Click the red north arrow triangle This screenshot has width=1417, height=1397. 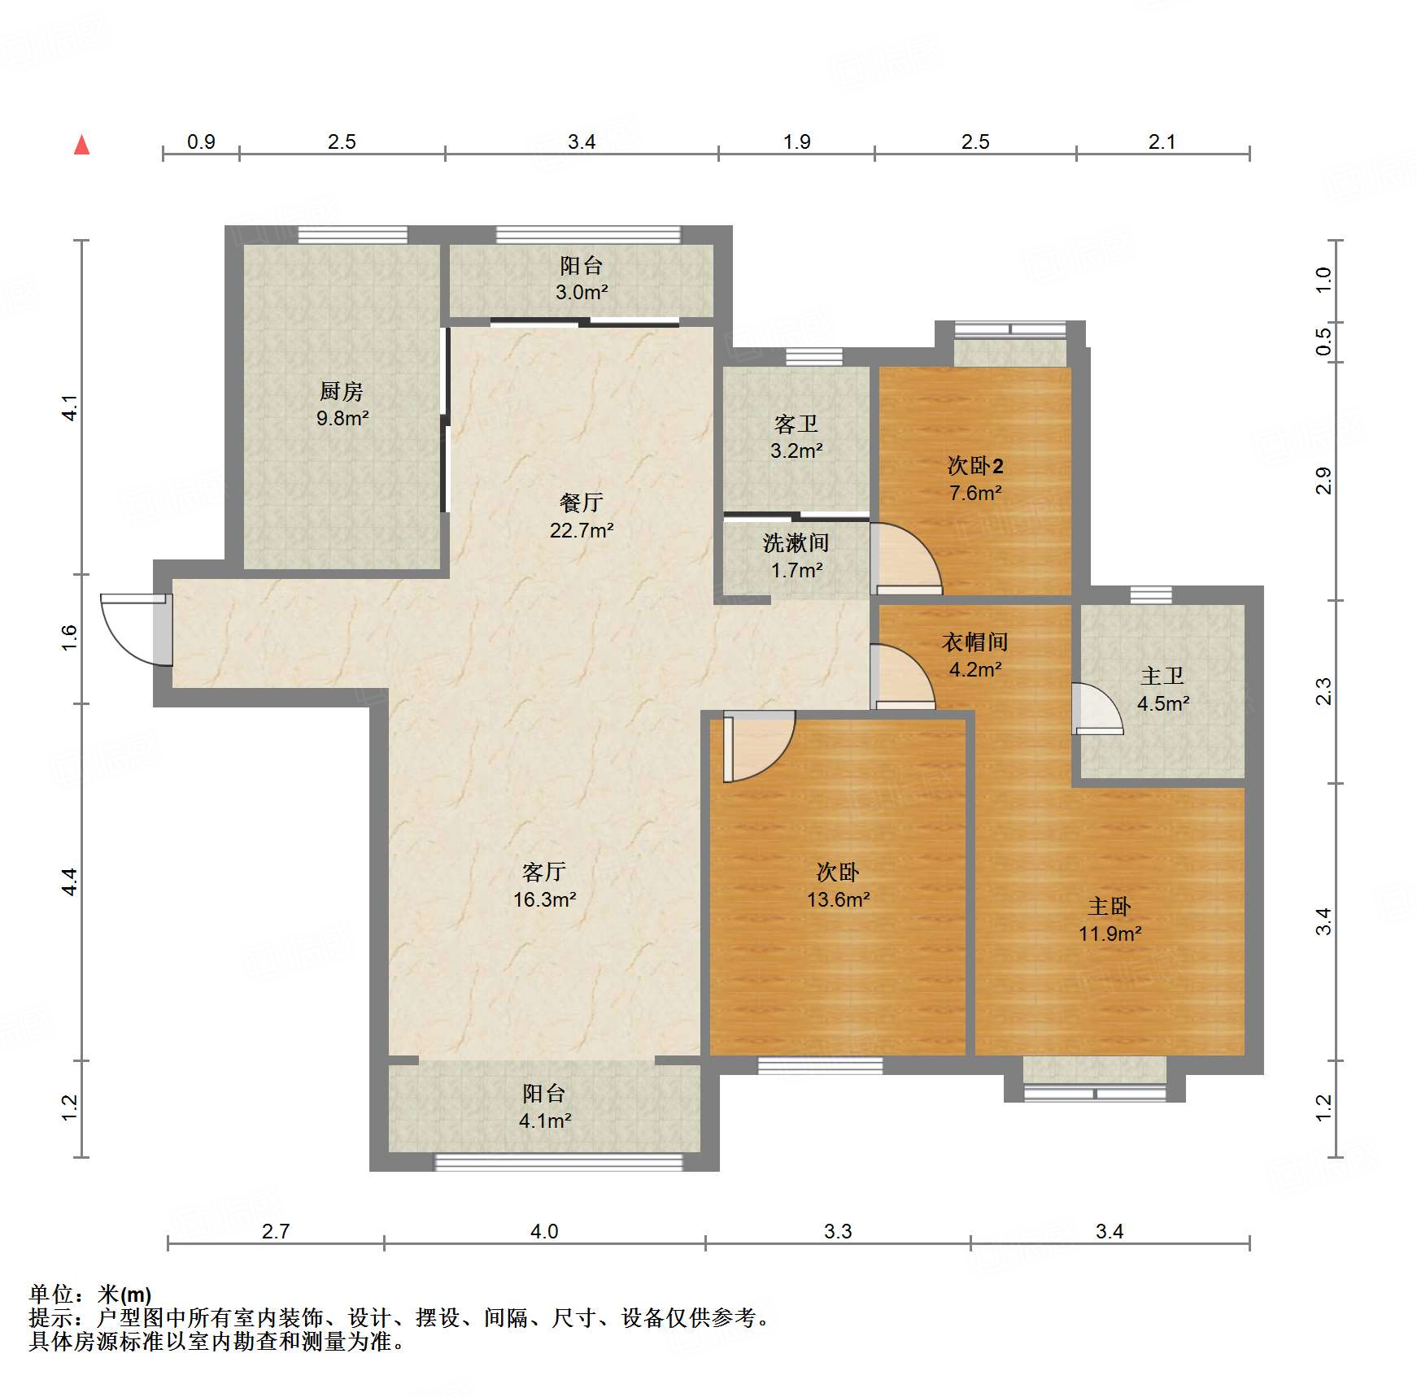(x=81, y=146)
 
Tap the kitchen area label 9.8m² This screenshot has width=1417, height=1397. (x=342, y=418)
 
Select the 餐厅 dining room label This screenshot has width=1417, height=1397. (x=581, y=503)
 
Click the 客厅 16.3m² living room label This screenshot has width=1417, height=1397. (x=544, y=886)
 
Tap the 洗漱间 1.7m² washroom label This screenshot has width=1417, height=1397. (x=796, y=556)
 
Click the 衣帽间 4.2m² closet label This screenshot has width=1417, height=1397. (x=974, y=655)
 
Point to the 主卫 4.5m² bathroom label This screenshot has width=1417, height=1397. (x=1162, y=690)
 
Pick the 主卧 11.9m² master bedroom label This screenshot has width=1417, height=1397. (x=1110, y=920)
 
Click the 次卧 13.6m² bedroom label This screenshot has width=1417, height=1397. (x=838, y=886)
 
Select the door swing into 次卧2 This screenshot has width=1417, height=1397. (x=905, y=559)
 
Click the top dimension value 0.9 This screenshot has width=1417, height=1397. (x=201, y=141)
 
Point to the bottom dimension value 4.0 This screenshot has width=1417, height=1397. (x=544, y=1231)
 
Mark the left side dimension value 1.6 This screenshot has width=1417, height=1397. (x=70, y=637)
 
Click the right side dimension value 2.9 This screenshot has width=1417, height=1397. (x=1323, y=481)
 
